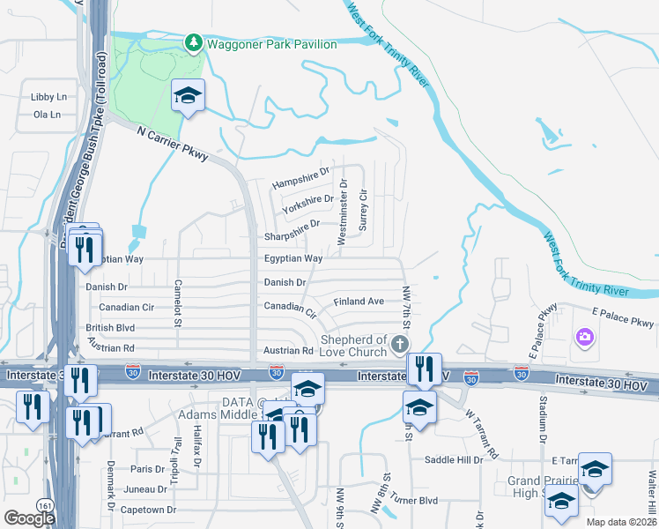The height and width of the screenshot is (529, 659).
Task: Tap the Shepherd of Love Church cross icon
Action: (x=400, y=344)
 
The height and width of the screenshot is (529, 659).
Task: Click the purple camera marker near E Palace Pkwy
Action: (x=583, y=337)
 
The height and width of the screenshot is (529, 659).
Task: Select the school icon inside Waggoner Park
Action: (x=187, y=95)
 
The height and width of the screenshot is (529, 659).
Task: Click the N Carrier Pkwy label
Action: (x=174, y=143)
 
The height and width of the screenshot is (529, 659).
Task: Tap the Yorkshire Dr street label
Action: (x=307, y=204)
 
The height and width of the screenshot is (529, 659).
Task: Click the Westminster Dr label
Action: (x=344, y=207)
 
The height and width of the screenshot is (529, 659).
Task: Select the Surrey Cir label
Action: (x=363, y=209)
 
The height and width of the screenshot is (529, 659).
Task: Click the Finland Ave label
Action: (x=359, y=302)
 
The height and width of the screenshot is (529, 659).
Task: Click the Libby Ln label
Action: (x=49, y=97)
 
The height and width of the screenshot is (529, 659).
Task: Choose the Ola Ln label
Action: (x=46, y=115)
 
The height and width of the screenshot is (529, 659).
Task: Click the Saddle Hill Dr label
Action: (x=455, y=460)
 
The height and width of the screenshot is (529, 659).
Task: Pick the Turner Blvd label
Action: (x=415, y=500)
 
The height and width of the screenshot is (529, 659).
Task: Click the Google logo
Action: (x=29, y=518)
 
